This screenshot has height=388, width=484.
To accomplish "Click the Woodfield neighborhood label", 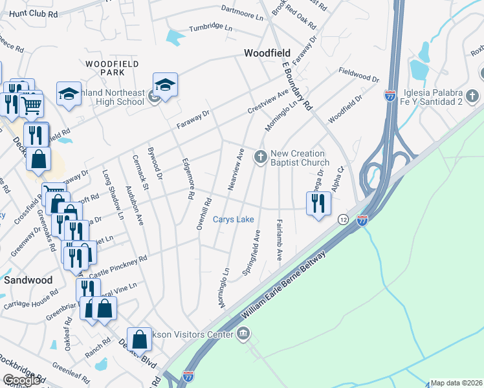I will [267, 52].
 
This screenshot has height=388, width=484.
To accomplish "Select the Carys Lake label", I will [234, 220].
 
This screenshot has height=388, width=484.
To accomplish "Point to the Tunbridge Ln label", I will [210, 28].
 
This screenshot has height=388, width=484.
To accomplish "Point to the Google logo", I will [21, 380].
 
